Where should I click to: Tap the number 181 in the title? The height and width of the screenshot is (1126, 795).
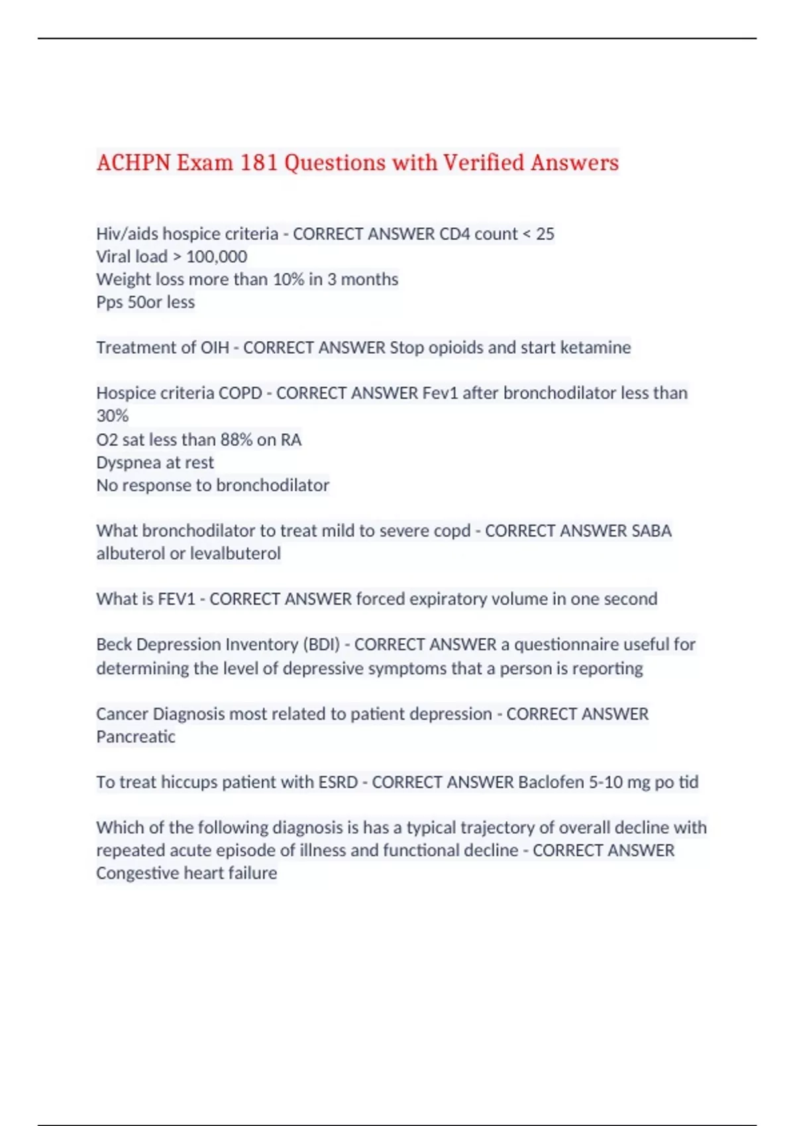[258, 162]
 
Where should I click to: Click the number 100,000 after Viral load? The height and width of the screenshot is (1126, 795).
[217, 256]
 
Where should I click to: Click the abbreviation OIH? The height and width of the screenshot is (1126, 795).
[215, 347]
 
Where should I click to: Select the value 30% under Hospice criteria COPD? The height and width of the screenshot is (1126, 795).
[112, 415]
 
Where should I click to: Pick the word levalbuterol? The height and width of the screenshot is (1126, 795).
[235, 553]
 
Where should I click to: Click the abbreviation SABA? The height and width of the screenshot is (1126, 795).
[651, 531]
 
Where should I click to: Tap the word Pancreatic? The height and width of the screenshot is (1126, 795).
[136, 737]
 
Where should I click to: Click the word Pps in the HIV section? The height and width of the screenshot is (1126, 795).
[109, 302]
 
